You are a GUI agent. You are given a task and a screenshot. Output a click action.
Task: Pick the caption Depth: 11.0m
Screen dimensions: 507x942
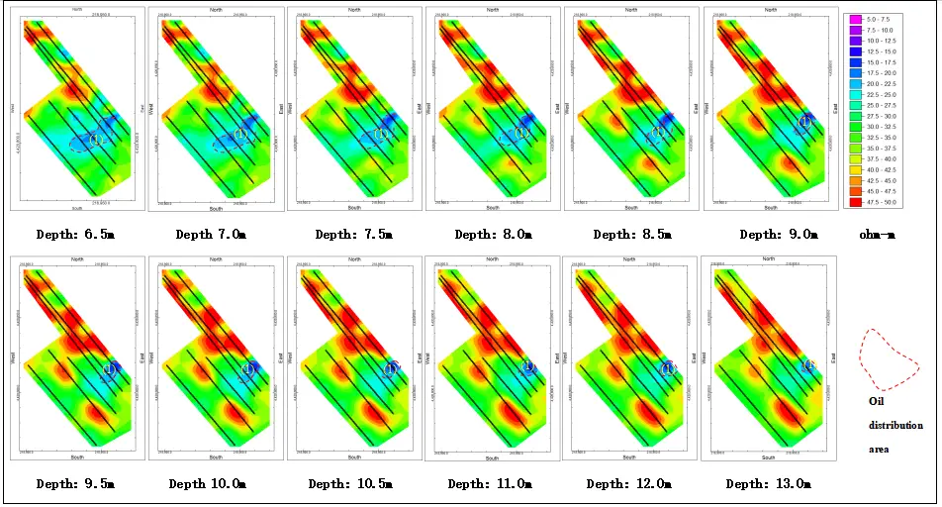(x=488, y=484)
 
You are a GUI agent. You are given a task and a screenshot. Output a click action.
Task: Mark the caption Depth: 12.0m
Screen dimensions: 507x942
(x=626, y=484)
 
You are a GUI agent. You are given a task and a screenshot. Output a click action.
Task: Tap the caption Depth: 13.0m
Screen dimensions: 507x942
(x=768, y=484)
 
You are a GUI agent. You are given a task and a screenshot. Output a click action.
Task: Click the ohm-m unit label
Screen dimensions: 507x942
(x=877, y=235)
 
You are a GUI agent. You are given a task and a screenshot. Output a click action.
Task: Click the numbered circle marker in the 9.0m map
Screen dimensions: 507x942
(x=804, y=121)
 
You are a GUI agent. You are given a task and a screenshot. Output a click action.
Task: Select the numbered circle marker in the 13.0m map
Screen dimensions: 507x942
(x=808, y=365)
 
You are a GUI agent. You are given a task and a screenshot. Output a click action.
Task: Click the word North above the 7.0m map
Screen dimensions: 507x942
(x=216, y=9)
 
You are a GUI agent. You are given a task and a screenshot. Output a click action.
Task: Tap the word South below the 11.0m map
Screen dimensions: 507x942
(x=493, y=458)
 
